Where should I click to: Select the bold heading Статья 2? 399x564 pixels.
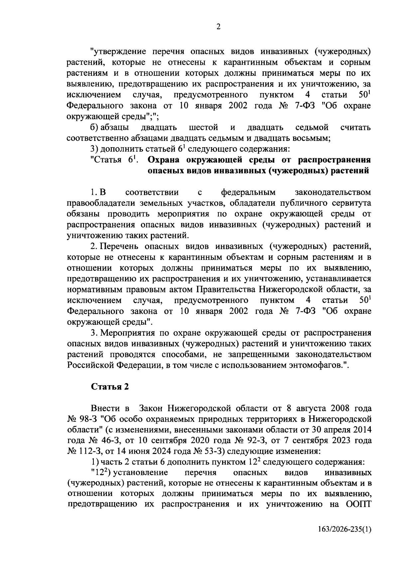[110, 387]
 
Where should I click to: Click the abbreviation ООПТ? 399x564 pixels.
[357, 504]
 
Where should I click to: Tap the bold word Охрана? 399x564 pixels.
[165, 160]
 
